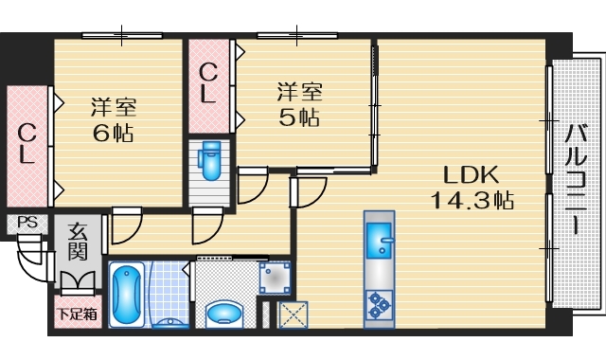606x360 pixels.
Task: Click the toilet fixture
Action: pyautogui.click(x=209, y=161)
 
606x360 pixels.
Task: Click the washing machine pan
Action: pyautogui.click(x=274, y=279)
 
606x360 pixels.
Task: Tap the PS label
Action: pyautogui.click(x=26, y=224)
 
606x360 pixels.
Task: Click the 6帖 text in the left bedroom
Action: pyautogui.click(x=112, y=133)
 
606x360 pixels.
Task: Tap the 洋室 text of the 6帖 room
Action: pyautogui.click(x=112, y=105)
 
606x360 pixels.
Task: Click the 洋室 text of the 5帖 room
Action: pyautogui.click(x=298, y=92)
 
